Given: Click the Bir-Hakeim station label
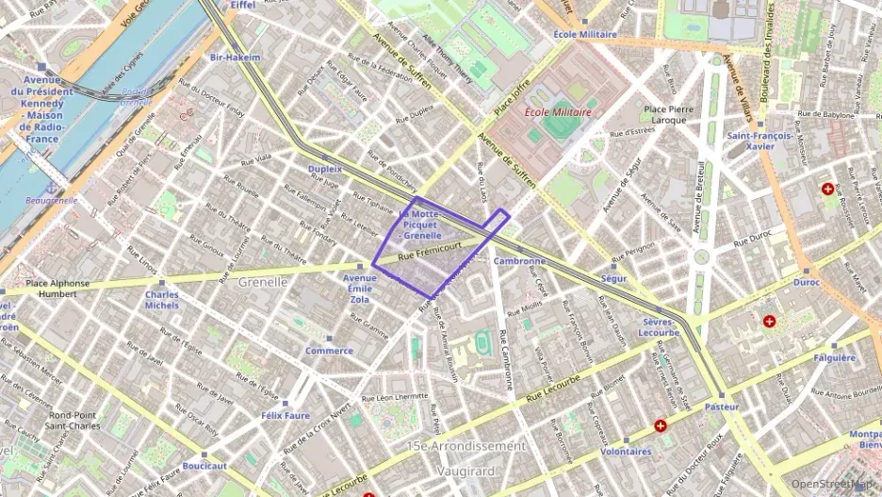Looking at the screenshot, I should pyautogui.click(x=235, y=58).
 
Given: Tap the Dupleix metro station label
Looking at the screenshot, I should pyautogui.click(x=325, y=169).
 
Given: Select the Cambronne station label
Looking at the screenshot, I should pyautogui.click(x=519, y=261).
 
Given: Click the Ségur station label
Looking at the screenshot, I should pyautogui.click(x=613, y=279).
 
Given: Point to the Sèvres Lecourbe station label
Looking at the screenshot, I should pyautogui.click(x=659, y=326).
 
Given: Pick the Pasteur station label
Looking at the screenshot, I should pyautogui.click(x=722, y=406).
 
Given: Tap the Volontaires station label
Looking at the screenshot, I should pyautogui.click(x=626, y=451).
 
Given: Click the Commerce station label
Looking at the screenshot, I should pyautogui.click(x=329, y=351).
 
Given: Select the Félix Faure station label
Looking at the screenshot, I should pyautogui.click(x=286, y=415).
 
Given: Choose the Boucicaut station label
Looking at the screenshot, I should pyautogui.click(x=204, y=466).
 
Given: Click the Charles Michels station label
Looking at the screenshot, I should pyautogui.click(x=162, y=300).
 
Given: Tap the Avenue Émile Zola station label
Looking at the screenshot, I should pyautogui.click(x=359, y=284).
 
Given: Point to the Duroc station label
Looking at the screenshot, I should pyautogui.click(x=806, y=282).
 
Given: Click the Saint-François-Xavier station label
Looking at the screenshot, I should pyautogui.click(x=759, y=141).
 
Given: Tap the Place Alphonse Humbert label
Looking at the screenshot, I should pyautogui.click(x=57, y=289).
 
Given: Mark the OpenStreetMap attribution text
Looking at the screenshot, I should pyautogui.click(x=832, y=484).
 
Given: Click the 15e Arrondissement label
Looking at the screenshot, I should pyautogui.click(x=465, y=445).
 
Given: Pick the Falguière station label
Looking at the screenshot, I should pyautogui.click(x=834, y=357).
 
